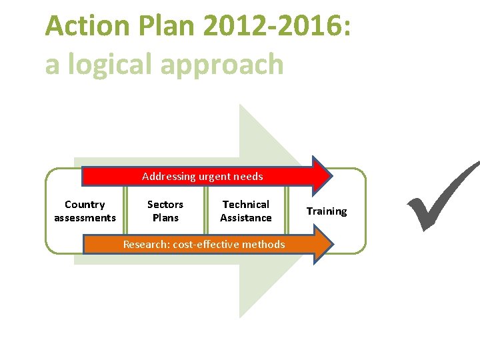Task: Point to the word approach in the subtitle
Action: tap(227, 65)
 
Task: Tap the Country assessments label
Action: tap(85, 211)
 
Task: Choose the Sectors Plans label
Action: tap(165, 211)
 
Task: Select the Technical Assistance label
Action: tap(246, 211)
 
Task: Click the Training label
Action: tap(327, 211)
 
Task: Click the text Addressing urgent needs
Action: tap(203, 177)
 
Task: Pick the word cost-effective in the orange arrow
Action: tap(210, 245)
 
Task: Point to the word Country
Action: tap(85, 205)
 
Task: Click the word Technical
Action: tap(246, 205)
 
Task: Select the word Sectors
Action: tap(165, 205)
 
